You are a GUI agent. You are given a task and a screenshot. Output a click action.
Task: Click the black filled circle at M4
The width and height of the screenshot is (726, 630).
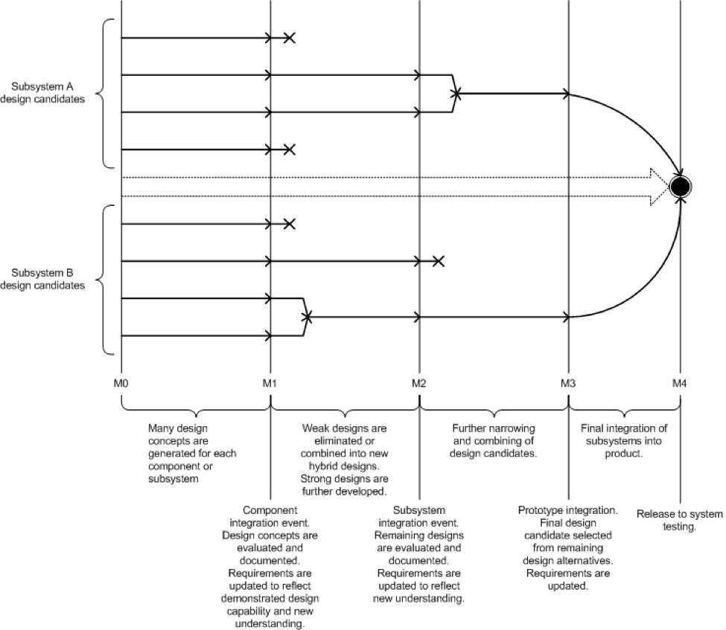click(x=679, y=187)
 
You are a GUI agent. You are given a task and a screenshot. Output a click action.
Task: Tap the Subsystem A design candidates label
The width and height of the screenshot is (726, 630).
click(x=43, y=93)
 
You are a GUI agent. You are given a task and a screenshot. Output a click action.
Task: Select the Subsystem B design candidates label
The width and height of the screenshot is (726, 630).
click(x=43, y=278)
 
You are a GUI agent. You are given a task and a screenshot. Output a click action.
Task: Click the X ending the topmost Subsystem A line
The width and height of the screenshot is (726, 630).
click(x=290, y=38)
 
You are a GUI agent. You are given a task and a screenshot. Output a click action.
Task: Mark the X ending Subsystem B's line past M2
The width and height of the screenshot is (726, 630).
click(x=439, y=261)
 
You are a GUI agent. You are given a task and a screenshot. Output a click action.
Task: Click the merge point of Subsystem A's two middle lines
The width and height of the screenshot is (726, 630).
click(x=456, y=94)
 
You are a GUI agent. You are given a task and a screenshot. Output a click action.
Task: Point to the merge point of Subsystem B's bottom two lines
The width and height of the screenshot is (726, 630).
click(x=307, y=317)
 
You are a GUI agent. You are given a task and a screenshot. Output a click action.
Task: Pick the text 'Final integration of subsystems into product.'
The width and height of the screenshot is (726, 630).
click(x=623, y=441)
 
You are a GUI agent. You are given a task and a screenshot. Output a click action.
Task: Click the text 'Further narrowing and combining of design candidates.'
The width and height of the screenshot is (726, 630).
click(x=494, y=441)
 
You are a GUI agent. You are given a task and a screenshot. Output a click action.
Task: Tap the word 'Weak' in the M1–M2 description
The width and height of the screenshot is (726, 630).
click(x=314, y=428)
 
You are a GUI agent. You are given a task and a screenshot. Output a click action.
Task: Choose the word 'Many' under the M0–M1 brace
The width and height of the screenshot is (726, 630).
click(x=161, y=428)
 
